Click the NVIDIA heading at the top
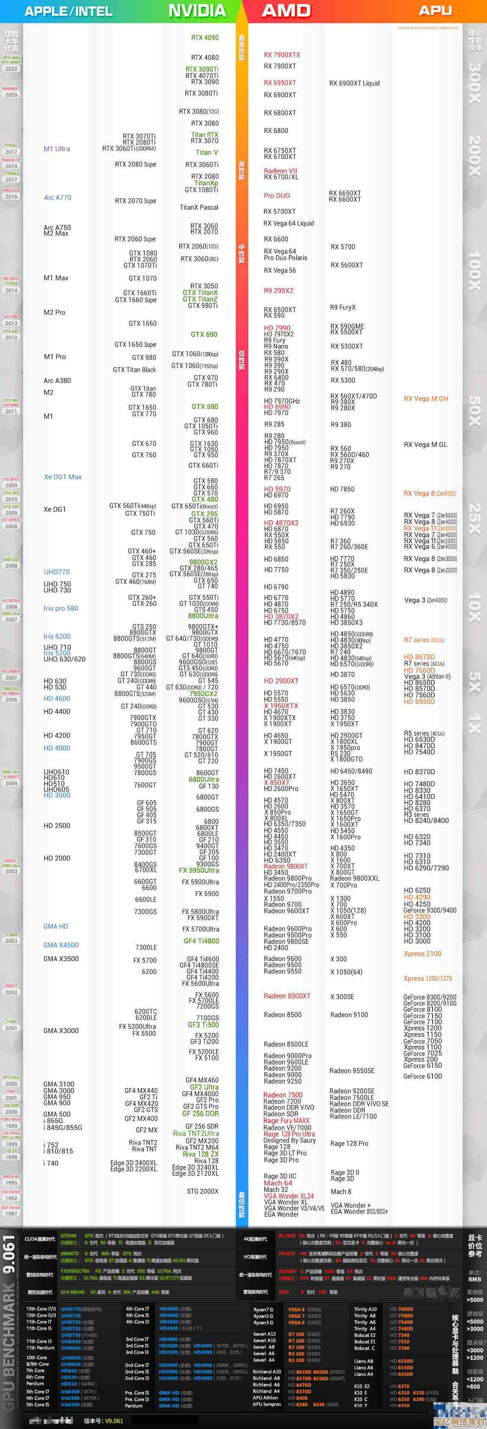coord(197,11)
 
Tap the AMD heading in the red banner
coord(286,11)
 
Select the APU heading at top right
coord(435,11)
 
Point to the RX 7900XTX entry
coord(282,55)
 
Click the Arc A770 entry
coord(58,197)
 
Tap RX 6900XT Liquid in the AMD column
coord(354,83)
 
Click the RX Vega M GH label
coord(426,399)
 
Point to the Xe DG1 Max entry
coord(62,477)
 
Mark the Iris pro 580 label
coord(61,609)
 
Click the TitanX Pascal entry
coord(199,207)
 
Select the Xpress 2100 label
coord(422,954)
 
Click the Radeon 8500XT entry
coord(287,996)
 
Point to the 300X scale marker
coord(475,83)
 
